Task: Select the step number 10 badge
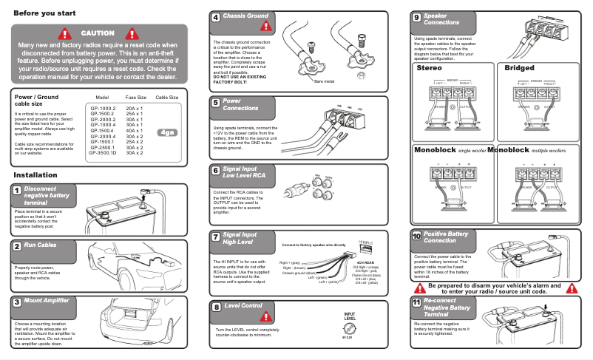coord(417,237)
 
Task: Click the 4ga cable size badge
coord(167,133)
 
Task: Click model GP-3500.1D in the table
coord(103,152)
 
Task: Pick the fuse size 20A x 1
coord(135,108)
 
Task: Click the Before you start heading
coord(44,13)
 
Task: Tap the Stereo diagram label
coord(430,68)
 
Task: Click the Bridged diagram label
coord(519,68)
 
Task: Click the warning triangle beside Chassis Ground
coord(265,24)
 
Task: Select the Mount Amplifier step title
coord(47,301)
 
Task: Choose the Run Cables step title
coord(40,245)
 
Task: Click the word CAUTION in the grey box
coord(98,33)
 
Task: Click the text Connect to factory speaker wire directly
coord(314,245)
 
